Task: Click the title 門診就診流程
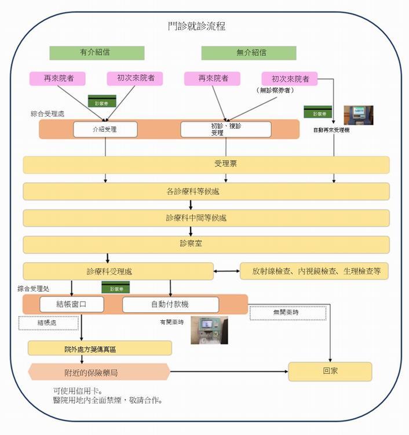[196, 26]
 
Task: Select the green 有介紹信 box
[97, 53]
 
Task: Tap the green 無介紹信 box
[249, 53]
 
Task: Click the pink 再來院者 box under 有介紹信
[57, 78]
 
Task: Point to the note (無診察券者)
[275, 91]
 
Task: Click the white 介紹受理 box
[105, 129]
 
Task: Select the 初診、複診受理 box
[225, 129]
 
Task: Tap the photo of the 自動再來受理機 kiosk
[358, 115]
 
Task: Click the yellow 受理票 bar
[206, 164]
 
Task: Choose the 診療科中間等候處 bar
[206, 218]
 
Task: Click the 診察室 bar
[206, 244]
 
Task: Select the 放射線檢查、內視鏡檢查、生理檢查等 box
[314, 271]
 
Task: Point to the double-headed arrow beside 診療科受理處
[227, 271]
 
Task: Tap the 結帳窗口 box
[72, 304]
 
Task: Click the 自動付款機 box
[170, 304]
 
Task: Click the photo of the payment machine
[209, 330]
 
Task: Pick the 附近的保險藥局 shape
[98, 372]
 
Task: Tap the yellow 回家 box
[330, 372]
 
